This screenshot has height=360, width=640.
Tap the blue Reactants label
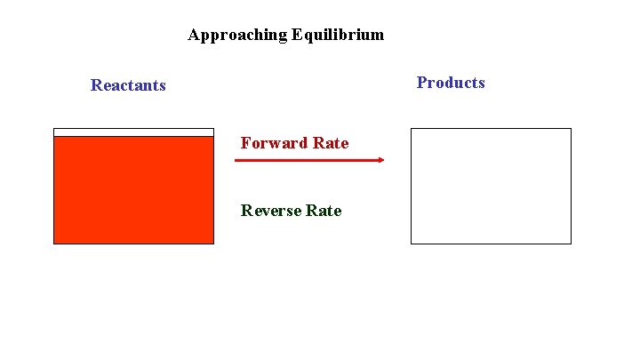click(x=128, y=85)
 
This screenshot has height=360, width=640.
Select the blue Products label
click(x=451, y=83)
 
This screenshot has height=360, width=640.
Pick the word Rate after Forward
click(x=330, y=143)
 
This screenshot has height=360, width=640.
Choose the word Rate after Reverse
click(x=323, y=211)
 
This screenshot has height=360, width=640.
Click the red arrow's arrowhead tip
click(x=383, y=160)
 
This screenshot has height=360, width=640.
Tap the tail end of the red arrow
click(x=236, y=160)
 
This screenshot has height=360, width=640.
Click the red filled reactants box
click(x=133, y=189)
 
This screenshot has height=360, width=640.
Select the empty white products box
click(x=491, y=186)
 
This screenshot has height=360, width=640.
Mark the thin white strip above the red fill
click(x=133, y=132)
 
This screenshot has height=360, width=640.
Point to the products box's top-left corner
click(x=411, y=129)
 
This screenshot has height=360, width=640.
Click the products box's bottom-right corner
click(x=571, y=243)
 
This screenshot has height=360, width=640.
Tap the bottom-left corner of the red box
click(x=54, y=243)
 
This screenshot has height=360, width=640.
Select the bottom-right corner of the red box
click(x=213, y=243)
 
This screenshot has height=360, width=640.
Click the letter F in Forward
click(x=245, y=143)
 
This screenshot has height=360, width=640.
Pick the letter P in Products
click(x=421, y=83)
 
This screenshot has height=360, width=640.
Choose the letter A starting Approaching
click(x=194, y=36)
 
